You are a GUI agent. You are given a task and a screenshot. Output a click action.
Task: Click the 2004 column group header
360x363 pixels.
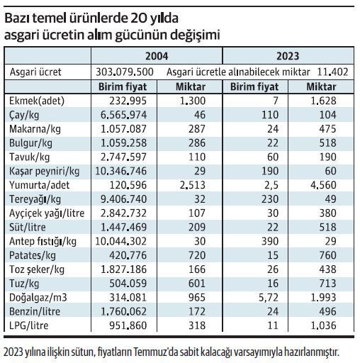(157, 56)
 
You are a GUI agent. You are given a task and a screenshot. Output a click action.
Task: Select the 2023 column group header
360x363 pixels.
(288, 56)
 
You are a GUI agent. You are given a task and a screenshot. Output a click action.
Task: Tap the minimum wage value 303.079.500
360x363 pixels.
(125, 72)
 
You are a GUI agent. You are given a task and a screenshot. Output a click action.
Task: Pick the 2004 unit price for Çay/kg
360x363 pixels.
(125, 114)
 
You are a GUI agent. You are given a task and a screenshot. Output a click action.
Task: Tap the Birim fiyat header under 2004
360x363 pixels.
(125, 86)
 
